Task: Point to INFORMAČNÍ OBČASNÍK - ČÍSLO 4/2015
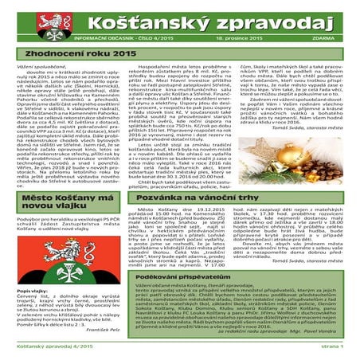(x=112, y=37)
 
